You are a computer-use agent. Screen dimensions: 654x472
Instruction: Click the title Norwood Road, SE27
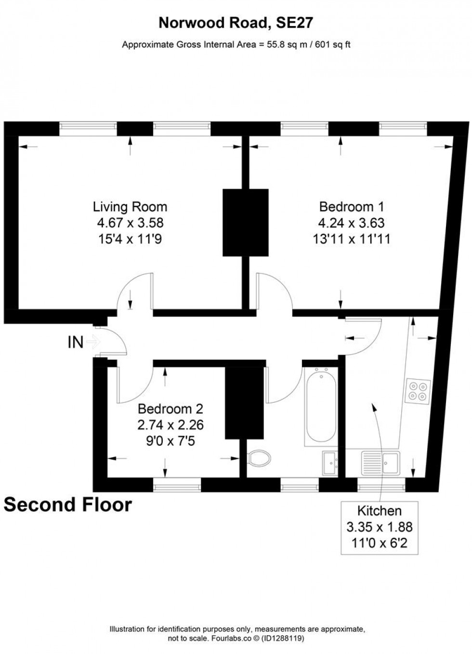[236, 23]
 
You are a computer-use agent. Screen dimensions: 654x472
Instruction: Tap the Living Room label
[130, 207]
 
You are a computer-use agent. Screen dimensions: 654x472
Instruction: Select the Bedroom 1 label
[352, 207]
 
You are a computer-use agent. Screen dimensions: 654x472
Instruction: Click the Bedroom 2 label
[170, 409]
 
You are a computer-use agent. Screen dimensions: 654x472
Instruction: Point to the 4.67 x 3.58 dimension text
[130, 223]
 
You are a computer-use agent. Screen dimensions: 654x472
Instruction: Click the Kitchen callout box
[380, 527]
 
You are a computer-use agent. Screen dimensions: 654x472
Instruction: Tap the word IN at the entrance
[75, 342]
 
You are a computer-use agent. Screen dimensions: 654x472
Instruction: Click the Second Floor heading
[68, 505]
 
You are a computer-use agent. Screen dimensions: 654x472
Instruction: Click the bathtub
[320, 405]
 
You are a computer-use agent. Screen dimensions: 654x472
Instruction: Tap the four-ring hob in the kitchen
[418, 391]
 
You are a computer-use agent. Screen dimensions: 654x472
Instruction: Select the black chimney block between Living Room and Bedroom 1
[245, 222]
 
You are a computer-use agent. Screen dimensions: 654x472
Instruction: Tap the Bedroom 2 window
[177, 484]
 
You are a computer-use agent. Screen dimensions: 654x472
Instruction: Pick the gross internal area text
[236, 45]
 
